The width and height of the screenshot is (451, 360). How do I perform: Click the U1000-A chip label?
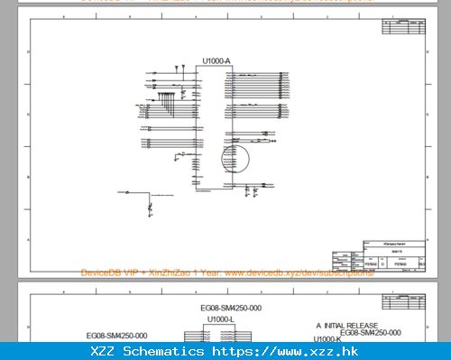tap(216, 60)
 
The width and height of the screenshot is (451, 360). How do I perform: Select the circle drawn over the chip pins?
tap(235, 160)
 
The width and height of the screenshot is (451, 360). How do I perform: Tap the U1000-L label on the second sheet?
tap(221, 319)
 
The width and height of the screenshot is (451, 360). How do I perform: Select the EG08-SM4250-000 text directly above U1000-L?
tap(230, 309)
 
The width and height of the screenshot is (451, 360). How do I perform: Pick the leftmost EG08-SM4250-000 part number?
tap(117, 335)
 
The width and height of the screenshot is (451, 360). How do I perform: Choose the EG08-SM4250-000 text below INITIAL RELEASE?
tap(370, 333)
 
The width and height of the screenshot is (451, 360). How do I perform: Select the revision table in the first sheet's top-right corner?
tap(402, 28)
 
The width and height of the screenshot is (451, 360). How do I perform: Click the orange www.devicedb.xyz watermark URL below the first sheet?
tap(298, 272)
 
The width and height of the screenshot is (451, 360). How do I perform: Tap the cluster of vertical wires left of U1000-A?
tap(167, 96)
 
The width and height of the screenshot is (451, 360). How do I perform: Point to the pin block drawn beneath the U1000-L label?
tap(221, 334)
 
